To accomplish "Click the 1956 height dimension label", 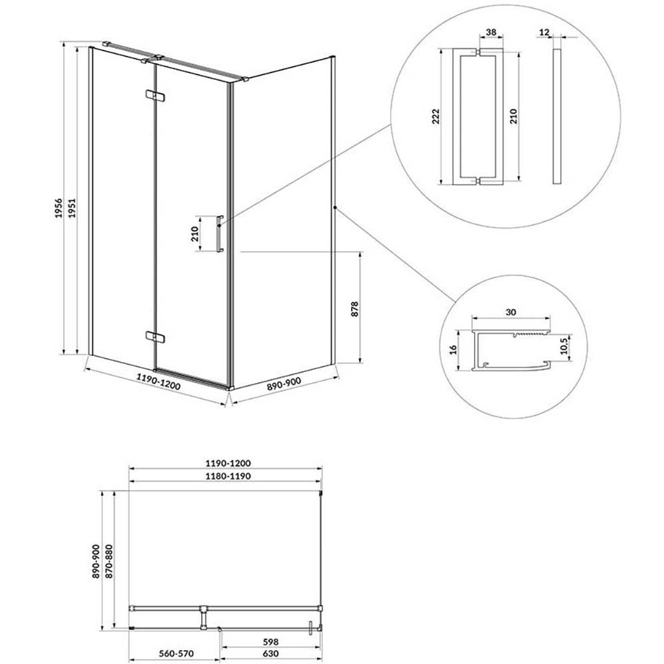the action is [59, 208].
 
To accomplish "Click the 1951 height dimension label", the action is [72, 208].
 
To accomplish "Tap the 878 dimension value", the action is [355, 309].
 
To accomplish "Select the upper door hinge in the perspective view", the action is [154, 96].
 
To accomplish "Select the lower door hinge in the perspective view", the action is [155, 337].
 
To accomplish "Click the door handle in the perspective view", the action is [219, 234].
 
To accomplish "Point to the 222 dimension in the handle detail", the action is [436, 116].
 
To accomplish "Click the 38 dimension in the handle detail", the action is [491, 32].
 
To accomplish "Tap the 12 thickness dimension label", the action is [544, 32].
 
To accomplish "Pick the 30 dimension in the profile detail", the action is [511, 312].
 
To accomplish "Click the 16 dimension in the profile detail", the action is [453, 349].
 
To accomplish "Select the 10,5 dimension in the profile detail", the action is [563, 347].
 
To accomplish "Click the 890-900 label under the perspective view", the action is [284, 384].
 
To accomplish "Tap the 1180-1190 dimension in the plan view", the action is [228, 476].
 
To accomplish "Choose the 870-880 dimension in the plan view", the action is [109, 562].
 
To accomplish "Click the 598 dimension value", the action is [270, 642].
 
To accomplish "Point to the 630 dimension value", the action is [270, 653].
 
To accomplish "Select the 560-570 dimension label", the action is [176, 653].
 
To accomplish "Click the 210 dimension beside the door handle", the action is [195, 234].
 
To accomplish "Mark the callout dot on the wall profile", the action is [335, 207].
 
